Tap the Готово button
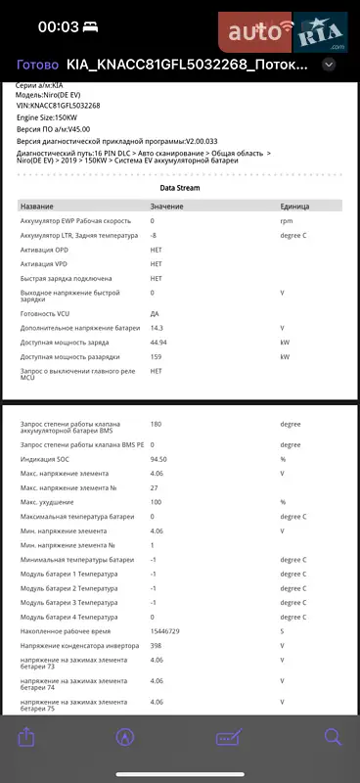36,65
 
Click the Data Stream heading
180,186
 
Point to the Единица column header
294,207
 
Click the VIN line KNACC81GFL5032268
58,105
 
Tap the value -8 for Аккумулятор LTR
154,236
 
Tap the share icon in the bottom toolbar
26,738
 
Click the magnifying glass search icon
333,738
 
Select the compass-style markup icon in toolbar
125,738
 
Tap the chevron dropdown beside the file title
329,65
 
